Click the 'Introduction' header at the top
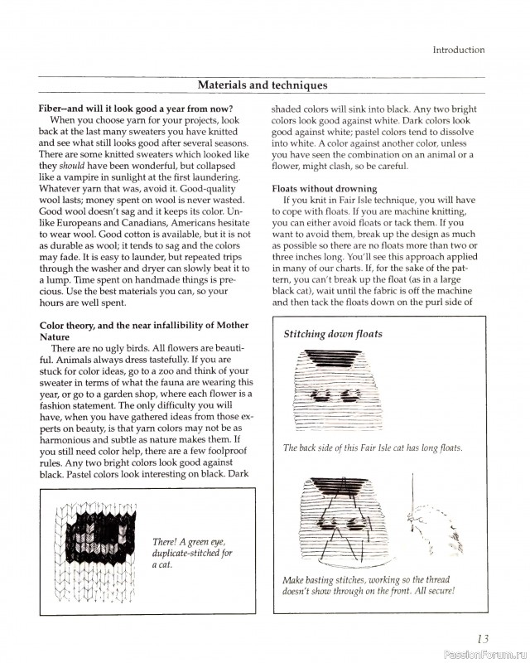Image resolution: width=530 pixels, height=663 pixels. click(x=458, y=50)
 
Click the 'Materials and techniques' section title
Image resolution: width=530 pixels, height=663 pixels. click(x=263, y=85)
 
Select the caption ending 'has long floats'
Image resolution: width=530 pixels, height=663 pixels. click(x=373, y=448)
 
